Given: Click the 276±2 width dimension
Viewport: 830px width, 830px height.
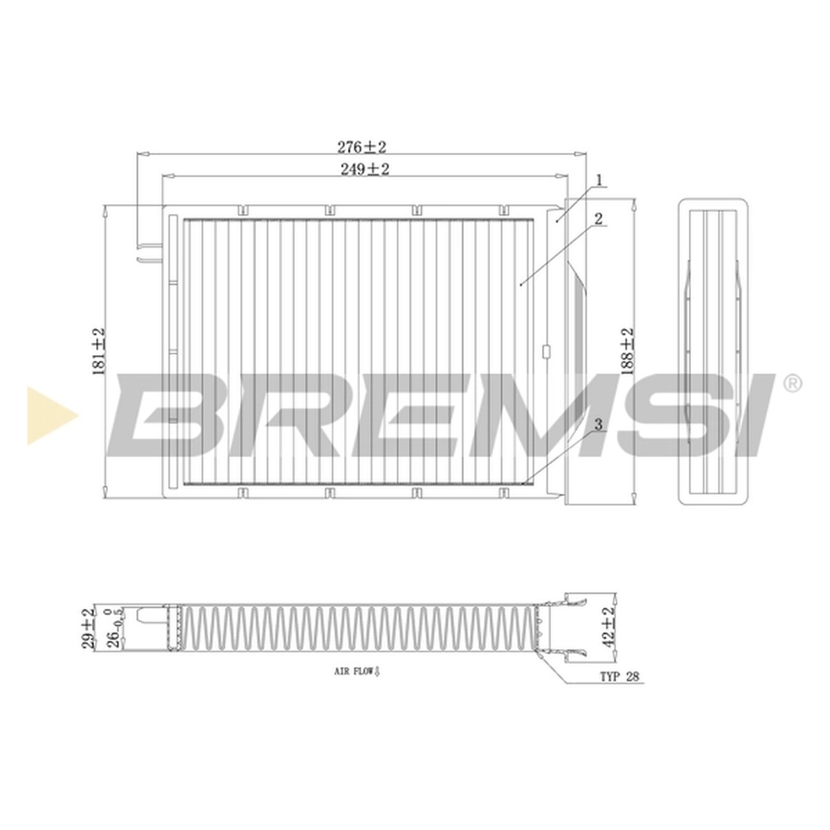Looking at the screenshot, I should tap(362, 147).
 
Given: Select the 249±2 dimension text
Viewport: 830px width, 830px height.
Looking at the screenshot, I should tap(364, 169).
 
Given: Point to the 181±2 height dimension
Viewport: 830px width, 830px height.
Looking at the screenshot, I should tap(99, 351).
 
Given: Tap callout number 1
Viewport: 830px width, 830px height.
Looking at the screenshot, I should tap(599, 181).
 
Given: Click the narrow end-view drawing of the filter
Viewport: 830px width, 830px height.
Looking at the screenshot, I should tap(713, 351).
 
